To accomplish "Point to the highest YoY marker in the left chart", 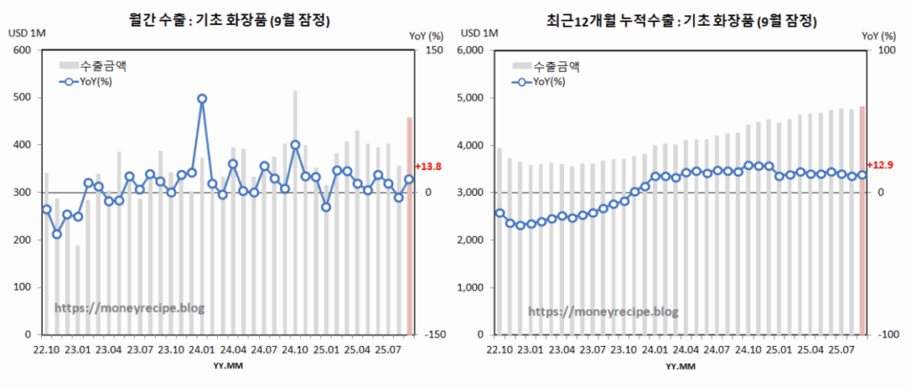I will pyautogui.click(x=202, y=99).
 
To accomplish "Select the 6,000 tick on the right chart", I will pyautogui.click(x=469, y=50).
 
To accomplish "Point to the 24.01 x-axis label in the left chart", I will pyautogui.click(x=202, y=351).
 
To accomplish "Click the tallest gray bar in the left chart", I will pyautogui.click(x=295, y=214).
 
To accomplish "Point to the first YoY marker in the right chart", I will pyautogui.click(x=500, y=214).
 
